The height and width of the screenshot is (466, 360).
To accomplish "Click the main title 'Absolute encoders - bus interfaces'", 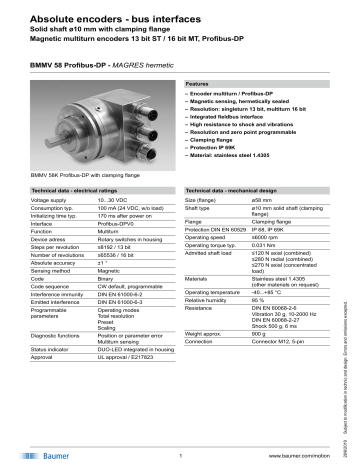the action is click(x=95, y=12).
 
